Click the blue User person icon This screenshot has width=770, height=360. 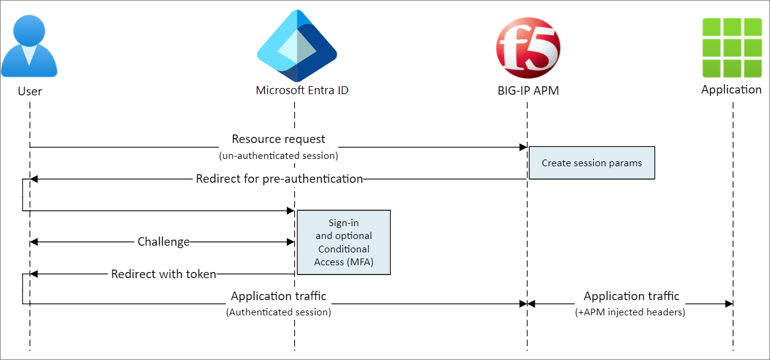click(29, 46)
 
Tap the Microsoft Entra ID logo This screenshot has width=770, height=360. click(297, 46)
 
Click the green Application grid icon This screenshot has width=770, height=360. click(731, 46)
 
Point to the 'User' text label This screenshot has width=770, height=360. click(30, 91)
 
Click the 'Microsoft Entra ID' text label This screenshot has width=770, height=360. click(302, 90)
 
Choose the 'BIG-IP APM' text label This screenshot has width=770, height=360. click(528, 91)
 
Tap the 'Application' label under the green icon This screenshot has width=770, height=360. click(731, 90)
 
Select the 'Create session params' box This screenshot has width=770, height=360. click(591, 163)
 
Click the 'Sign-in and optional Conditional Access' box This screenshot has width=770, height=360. click(343, 243)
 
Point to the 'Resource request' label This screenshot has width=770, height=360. click(278, 139)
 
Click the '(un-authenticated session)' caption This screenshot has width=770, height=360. click(278, 155)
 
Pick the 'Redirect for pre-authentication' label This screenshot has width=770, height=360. click(279, 179)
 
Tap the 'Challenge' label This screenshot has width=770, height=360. click(163, 242)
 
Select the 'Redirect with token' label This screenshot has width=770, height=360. click(163, 274)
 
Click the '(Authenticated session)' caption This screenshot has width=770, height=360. click(278, 312)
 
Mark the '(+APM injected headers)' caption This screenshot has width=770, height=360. click(631, 312)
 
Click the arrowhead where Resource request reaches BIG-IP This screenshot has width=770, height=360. click(524, 147)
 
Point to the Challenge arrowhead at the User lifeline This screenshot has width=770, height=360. click(34, 242)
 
